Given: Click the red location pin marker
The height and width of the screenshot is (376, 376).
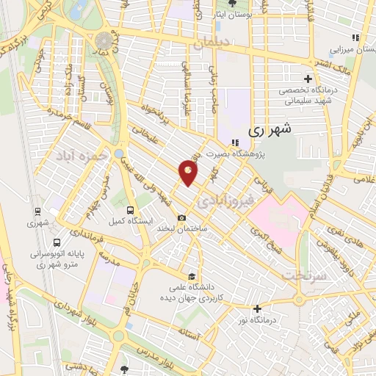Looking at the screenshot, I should pyautogui.click(x=189, y=174).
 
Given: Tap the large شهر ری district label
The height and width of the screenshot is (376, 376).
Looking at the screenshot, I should pyautogui.click(x=270, y=129).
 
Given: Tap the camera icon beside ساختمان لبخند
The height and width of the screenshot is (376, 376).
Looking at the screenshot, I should pyautogui.click(x=182, y=218).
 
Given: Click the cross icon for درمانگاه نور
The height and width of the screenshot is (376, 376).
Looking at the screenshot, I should pyautogui.click(x=256, y=308).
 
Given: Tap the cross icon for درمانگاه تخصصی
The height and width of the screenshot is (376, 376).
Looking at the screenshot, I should pyautogui.click(x=308, y=79).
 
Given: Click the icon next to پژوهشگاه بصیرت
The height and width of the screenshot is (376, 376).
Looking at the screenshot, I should pyautogui.click(x=234, y=143).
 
